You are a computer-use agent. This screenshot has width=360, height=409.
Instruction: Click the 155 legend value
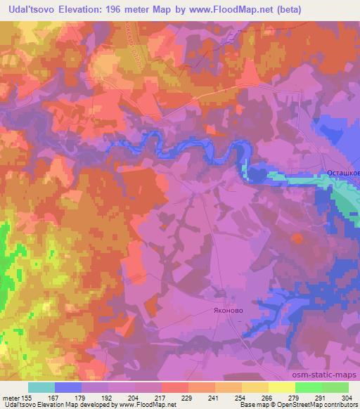click(30, 397)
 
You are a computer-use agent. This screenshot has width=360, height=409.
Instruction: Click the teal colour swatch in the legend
click(41, 387)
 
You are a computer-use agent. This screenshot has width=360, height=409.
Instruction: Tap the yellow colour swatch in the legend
click(281, 387)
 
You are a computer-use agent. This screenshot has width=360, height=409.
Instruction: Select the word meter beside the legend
click(11, 397)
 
